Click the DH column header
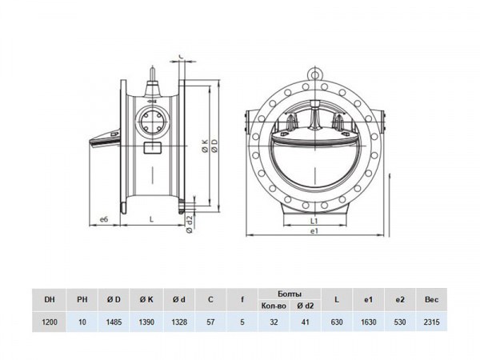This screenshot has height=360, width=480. point(50,299)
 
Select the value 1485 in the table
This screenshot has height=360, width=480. point(114,322)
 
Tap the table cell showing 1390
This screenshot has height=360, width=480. point(146,322)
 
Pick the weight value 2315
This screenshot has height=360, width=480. point(431,322)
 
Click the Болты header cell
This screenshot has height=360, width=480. point(290,294)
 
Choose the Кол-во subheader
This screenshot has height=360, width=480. point(274,306)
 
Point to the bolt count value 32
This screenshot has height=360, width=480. point(274,322)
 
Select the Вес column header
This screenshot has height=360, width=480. point(431,299)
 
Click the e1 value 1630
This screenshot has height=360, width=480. point(368,322)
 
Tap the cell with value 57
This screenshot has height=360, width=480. point(210,322)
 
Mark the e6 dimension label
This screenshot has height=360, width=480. point(104,219)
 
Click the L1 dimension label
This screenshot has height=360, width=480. point(314,221)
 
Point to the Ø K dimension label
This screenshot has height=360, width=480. point(205,146)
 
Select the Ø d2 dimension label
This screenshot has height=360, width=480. point(190,224)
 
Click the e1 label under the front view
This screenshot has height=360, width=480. point(314,231)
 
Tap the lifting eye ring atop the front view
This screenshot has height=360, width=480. point(314,74)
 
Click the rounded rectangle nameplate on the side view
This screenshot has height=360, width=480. point(153,148)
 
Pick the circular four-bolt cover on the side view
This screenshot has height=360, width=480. point(152,122)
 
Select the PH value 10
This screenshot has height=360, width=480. point(82,322)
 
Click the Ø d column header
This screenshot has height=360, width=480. point(178,299)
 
